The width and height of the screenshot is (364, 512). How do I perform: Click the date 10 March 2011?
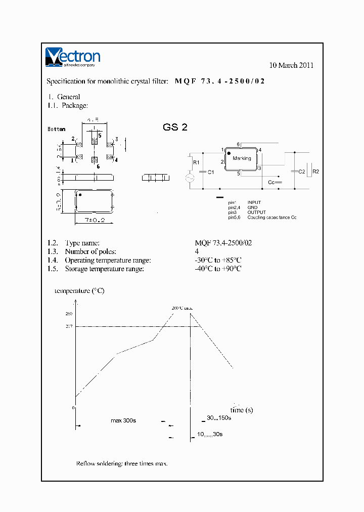[291, 65]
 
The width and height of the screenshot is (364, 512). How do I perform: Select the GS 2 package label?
[175, 127]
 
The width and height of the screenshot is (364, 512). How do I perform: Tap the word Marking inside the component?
[242, 158]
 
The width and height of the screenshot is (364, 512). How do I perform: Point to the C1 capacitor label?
[211, 172]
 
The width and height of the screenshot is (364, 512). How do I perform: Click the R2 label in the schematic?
[316, 172]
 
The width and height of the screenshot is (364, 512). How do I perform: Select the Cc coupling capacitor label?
[271, 182]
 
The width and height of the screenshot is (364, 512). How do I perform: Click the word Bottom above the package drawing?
[56, 129]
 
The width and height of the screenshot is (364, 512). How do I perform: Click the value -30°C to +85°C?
[218, 260]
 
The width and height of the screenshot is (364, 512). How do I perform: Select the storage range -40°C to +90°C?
[218, 269]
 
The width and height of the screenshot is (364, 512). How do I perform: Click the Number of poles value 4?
[197, 251]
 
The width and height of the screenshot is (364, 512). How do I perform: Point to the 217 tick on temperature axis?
[70, 326]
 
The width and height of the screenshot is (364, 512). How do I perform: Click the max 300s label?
[124, 420]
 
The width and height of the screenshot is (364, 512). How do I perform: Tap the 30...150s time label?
[218, 418]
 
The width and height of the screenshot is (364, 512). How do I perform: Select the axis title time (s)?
[241, 410]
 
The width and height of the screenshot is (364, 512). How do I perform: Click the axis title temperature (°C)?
[79, 291]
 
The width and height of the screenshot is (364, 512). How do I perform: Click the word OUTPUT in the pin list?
[256, 212]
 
